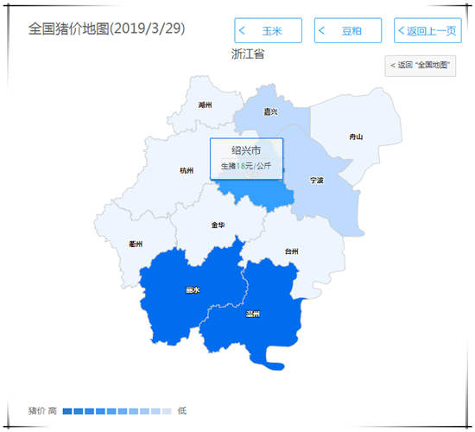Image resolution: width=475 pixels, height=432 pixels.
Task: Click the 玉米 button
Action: pos(268,31)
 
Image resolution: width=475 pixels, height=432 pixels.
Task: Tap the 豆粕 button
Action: pos(347,31)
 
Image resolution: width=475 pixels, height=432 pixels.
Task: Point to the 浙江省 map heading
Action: pos(248,54)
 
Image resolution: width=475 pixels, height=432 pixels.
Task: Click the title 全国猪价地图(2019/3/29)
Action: pos(106,29)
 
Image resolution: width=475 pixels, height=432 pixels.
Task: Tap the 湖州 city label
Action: pos(205,105)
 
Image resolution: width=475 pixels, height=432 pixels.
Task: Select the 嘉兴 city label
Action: pos(270,111)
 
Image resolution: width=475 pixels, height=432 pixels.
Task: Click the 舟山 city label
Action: pos(356,137)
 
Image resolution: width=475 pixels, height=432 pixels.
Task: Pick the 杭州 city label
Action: pos(187,170)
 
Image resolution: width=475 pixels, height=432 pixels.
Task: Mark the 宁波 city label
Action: pos(317,181)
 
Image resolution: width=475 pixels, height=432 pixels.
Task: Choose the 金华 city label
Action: pos(218,225)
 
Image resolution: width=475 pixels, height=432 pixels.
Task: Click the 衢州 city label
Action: pos(136,244)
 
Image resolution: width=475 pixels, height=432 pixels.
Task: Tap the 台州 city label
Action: pos(291,251)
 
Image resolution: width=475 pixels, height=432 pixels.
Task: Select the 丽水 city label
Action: pos(193,290)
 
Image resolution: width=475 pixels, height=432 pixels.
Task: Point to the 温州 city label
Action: pos(253,314)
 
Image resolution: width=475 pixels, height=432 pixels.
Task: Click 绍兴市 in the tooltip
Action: pos(246,150)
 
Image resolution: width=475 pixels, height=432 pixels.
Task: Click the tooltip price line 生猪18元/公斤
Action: pos(246,165)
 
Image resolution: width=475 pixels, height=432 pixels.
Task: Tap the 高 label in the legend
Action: pos(53,410)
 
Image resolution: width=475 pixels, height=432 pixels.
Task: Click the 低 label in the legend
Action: pos(181,410)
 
